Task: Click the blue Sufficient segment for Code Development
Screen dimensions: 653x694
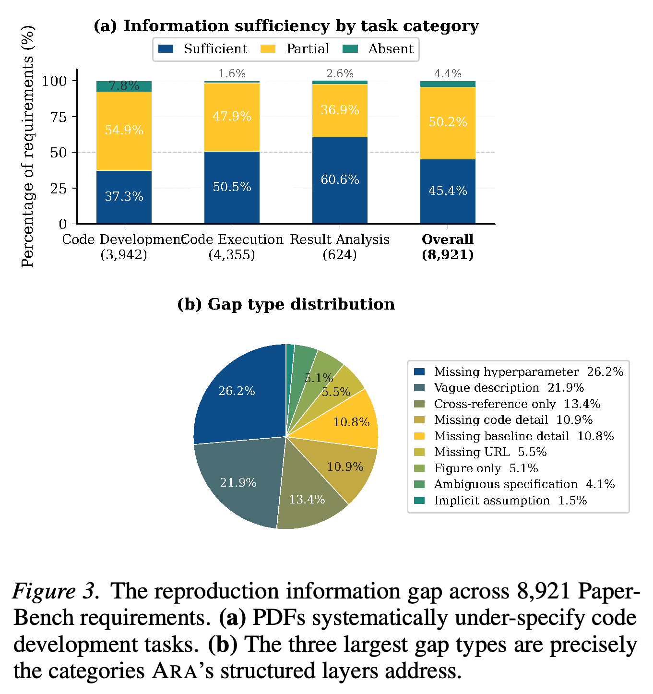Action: (x=124, y=197)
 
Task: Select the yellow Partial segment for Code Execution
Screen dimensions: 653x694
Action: (x=232, y=117)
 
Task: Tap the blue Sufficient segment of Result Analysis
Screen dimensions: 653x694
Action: (x=340, y=180)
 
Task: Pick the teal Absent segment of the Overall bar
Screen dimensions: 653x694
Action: (x=448, y=84)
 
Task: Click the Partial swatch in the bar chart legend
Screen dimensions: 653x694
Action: (x=268, y=49)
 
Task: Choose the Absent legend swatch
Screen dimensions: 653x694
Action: (x=350, y=49)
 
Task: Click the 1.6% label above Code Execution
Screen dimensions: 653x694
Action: (x=232, y=73)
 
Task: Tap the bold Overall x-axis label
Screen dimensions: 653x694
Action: (x=448, y=239)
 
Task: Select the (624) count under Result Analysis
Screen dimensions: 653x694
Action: (x=340, y=255)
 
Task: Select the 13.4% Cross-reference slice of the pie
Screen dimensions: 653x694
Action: (x=308, y=496)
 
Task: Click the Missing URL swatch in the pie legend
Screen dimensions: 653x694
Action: (x=419, y=452)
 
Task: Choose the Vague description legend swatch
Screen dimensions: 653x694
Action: (x=419, y=387)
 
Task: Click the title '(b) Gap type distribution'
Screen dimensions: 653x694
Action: (x=286, y=304)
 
